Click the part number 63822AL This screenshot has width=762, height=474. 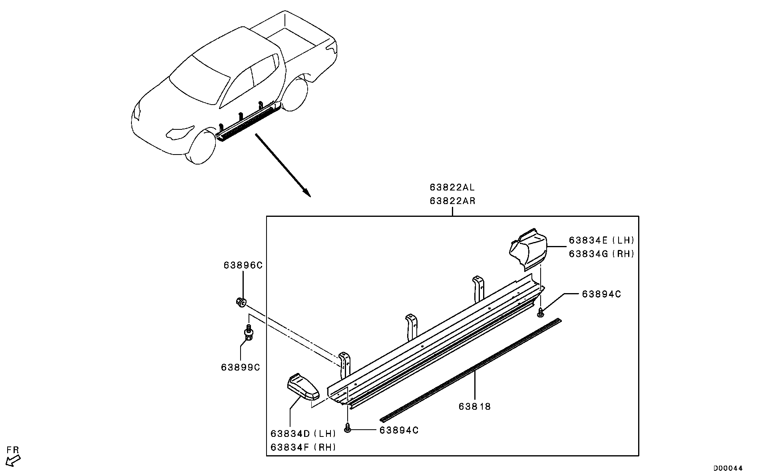[452, 187]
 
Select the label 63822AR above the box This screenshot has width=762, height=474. [452, 201]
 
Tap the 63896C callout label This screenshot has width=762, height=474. [243, 266]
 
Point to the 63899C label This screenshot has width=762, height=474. [241, 367]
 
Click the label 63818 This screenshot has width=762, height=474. [474, 407]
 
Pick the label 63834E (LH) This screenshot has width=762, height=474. [601, 240]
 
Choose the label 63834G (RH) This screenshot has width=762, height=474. [601, 254]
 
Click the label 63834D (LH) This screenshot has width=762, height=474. [303, 434]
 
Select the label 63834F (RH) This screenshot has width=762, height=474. [303, 447]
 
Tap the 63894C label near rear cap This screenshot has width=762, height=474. [601, 294]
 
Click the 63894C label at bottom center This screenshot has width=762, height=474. [399, 430]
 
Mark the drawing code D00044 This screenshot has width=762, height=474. [728, 468]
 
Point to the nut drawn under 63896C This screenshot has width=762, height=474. [241, 302]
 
